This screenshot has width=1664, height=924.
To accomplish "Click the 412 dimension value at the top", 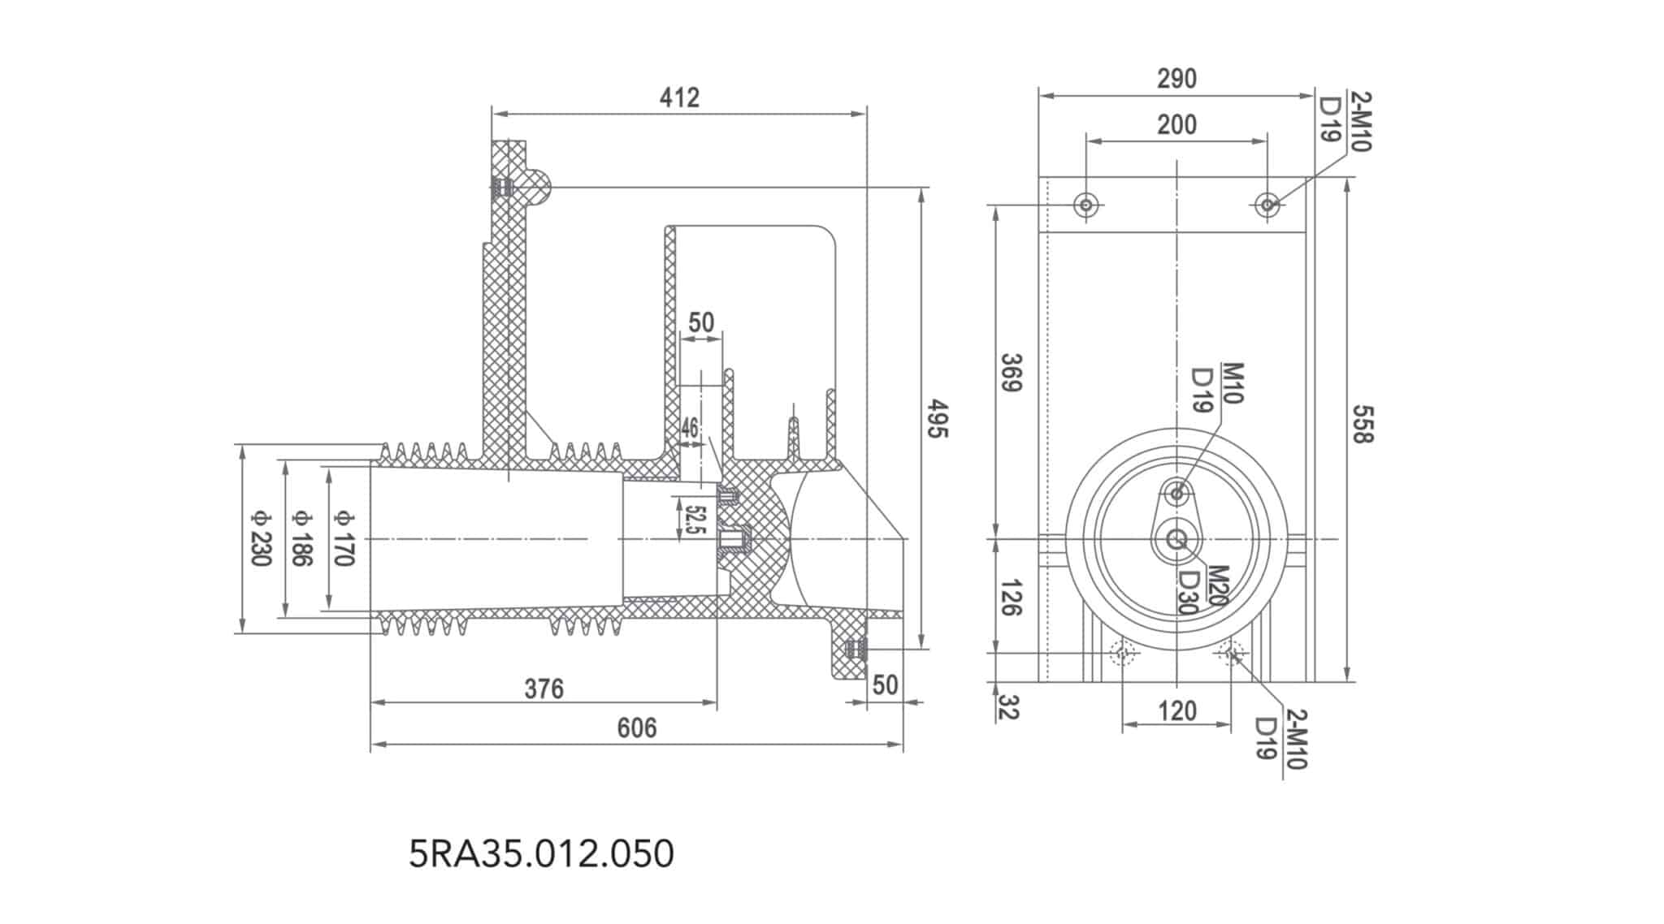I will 679,97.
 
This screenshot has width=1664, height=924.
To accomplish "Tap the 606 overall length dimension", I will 636,728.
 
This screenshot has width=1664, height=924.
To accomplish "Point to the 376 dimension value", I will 544,689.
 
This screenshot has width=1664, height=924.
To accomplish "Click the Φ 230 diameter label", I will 260,538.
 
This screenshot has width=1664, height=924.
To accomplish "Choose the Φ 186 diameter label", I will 301,538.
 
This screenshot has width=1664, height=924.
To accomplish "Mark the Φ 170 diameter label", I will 344,538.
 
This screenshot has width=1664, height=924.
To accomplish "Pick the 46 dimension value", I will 690,427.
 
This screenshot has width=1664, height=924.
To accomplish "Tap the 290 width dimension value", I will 1176,79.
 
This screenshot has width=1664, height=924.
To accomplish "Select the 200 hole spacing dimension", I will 1176,125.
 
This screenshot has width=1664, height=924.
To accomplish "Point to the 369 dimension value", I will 1011,373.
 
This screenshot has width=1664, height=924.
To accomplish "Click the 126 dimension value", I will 1009,598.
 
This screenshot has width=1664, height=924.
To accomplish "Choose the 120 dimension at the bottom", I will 1176,712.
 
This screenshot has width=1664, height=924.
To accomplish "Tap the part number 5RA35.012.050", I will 541,854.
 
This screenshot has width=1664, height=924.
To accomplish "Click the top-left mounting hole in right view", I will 1086,205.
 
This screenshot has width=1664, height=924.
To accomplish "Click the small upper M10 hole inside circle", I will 1176,492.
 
